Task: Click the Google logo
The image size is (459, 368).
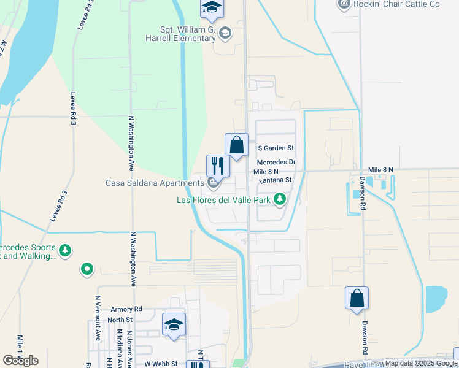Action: pyautogui.click(x=20, y=361)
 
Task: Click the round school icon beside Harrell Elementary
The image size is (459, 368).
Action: pyautogui.click(x=225, y=33)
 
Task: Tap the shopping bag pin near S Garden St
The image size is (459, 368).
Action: pyautogui.click(x=236, y=146)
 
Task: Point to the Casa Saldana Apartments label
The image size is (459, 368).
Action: pyautogui.click(x=155, y=183)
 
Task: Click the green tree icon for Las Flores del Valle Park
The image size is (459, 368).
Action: pyautogui.click(x=280, y=199)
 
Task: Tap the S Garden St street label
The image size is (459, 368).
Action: pyautogui.click(x=276, y=148)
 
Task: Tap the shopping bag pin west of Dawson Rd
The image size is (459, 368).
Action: pyautogui.click(x=357, y=299)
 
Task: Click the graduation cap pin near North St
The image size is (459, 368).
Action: pyautogui.click(x=174, y=325)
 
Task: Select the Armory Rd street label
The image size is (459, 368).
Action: pyautogui.click(x=126, y=310)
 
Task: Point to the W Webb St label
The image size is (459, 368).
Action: pyautogui.click(x=161, y=364)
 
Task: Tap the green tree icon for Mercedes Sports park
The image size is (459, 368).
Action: pyautogui.click(x=65, y=250)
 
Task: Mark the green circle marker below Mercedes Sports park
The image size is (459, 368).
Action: pyautogui.click(x=87, y=268)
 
